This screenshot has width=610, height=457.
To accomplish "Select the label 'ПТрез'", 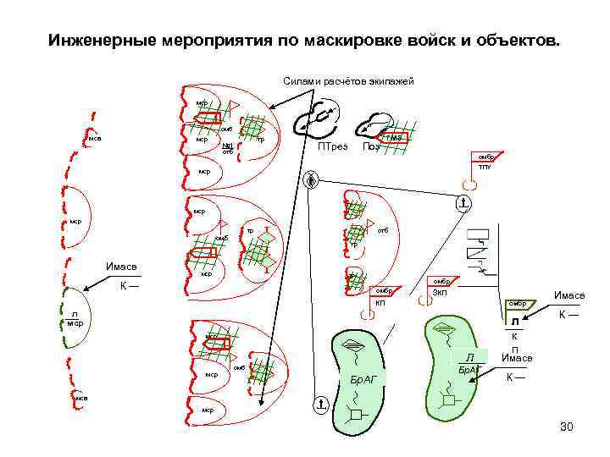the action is [332, 147].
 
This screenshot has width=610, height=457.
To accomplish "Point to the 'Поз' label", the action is [370, 147].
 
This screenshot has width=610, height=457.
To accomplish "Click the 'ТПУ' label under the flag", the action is [484, 168].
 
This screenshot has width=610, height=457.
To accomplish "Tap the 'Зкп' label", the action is [440, 293].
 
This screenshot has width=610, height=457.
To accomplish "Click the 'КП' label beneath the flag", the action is [380, 302].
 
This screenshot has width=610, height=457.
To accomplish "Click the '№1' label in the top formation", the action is [227, 146].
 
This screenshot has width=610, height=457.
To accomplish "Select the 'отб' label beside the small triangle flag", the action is [382, 230].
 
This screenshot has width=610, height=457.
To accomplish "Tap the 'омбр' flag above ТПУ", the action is [485, 157].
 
